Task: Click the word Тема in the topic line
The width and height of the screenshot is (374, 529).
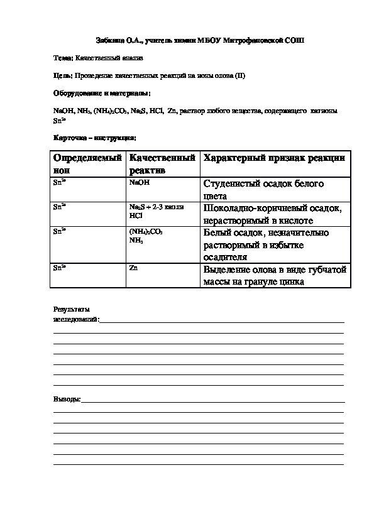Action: (x=63, y=58)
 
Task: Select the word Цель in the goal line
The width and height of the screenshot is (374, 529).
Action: (x=63, y=75)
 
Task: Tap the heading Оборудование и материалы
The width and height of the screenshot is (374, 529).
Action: (x=102, y=93)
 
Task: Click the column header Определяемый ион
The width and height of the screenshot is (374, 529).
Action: (x=87, y=163)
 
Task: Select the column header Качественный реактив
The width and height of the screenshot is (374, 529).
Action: (x=162, y=163)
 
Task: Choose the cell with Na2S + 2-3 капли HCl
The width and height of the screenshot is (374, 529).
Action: (x=156, y=210)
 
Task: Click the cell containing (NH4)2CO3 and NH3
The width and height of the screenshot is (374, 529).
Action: (x=145, y=236)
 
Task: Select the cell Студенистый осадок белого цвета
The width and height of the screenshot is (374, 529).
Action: (x=263, y=189)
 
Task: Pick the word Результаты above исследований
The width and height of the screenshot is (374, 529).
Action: (x=71, y=309)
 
